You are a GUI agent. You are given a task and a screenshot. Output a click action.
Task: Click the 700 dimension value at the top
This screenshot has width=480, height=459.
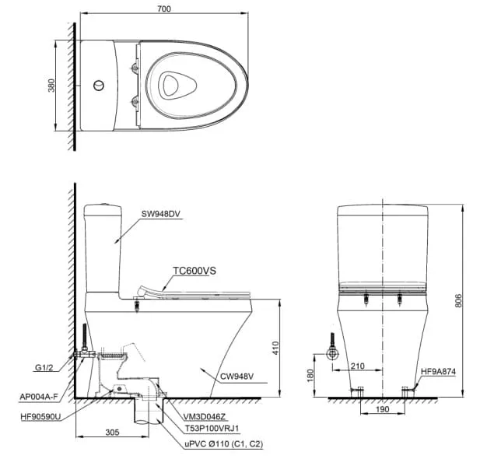[x=164, y=9]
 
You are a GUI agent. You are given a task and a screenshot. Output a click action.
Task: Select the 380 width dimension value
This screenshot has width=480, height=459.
[x=51, y=86]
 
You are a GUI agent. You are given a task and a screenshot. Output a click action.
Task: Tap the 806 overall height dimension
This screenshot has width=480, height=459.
[x=457, y=301]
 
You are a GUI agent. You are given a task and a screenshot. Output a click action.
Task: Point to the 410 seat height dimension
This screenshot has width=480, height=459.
[x=275, y=348]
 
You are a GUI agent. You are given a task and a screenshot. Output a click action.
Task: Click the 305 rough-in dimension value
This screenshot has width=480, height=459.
[x=112, y=433]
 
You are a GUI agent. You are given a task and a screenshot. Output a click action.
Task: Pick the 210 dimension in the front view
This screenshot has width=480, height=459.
[x=357, y=366]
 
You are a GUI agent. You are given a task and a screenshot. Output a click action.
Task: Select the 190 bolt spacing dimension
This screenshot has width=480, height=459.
[x=382, y=409]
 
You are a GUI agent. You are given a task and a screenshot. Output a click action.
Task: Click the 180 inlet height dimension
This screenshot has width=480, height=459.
[x=310, y=376]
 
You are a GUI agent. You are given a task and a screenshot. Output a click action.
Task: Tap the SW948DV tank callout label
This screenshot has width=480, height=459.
[x=161, y=214]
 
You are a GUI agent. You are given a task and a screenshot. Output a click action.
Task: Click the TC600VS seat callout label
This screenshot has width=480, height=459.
[x=194, y=271]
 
